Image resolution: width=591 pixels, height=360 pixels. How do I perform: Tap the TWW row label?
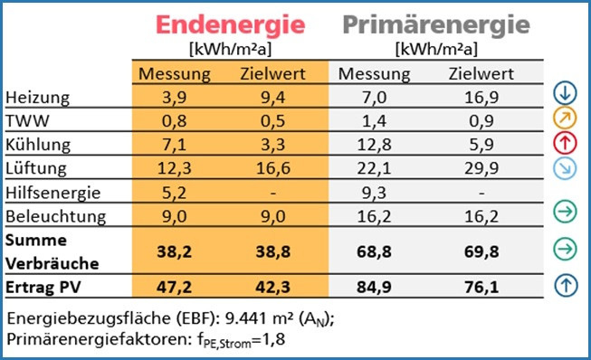(24, 119)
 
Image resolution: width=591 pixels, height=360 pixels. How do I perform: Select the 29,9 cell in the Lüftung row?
(480, 167)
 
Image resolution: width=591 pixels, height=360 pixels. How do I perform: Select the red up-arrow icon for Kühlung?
(565, 142)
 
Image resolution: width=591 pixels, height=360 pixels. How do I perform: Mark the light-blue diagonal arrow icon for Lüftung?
(565, 166)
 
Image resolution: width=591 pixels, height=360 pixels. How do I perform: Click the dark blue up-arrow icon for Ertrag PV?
(565, 286)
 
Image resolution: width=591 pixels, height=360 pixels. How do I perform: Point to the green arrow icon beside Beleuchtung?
(565, 213)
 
